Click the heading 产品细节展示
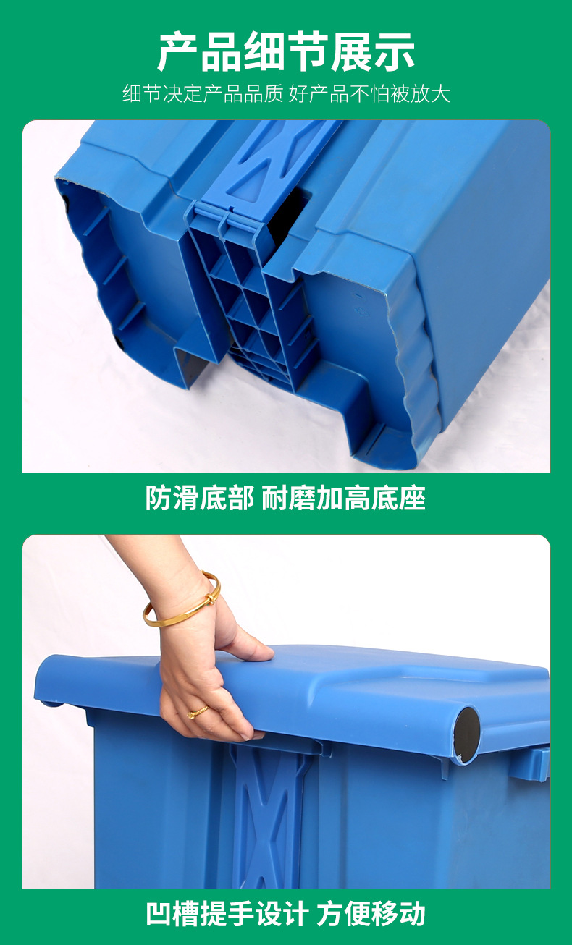coord(286,51)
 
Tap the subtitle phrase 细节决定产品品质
coord(202,94)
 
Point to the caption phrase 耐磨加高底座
coord(343,498)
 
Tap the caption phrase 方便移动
coord(371,913)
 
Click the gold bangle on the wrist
coord(182,601)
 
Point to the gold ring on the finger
coord(197,713)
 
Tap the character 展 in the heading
coord(350,51)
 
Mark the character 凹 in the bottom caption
coord(159,913)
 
